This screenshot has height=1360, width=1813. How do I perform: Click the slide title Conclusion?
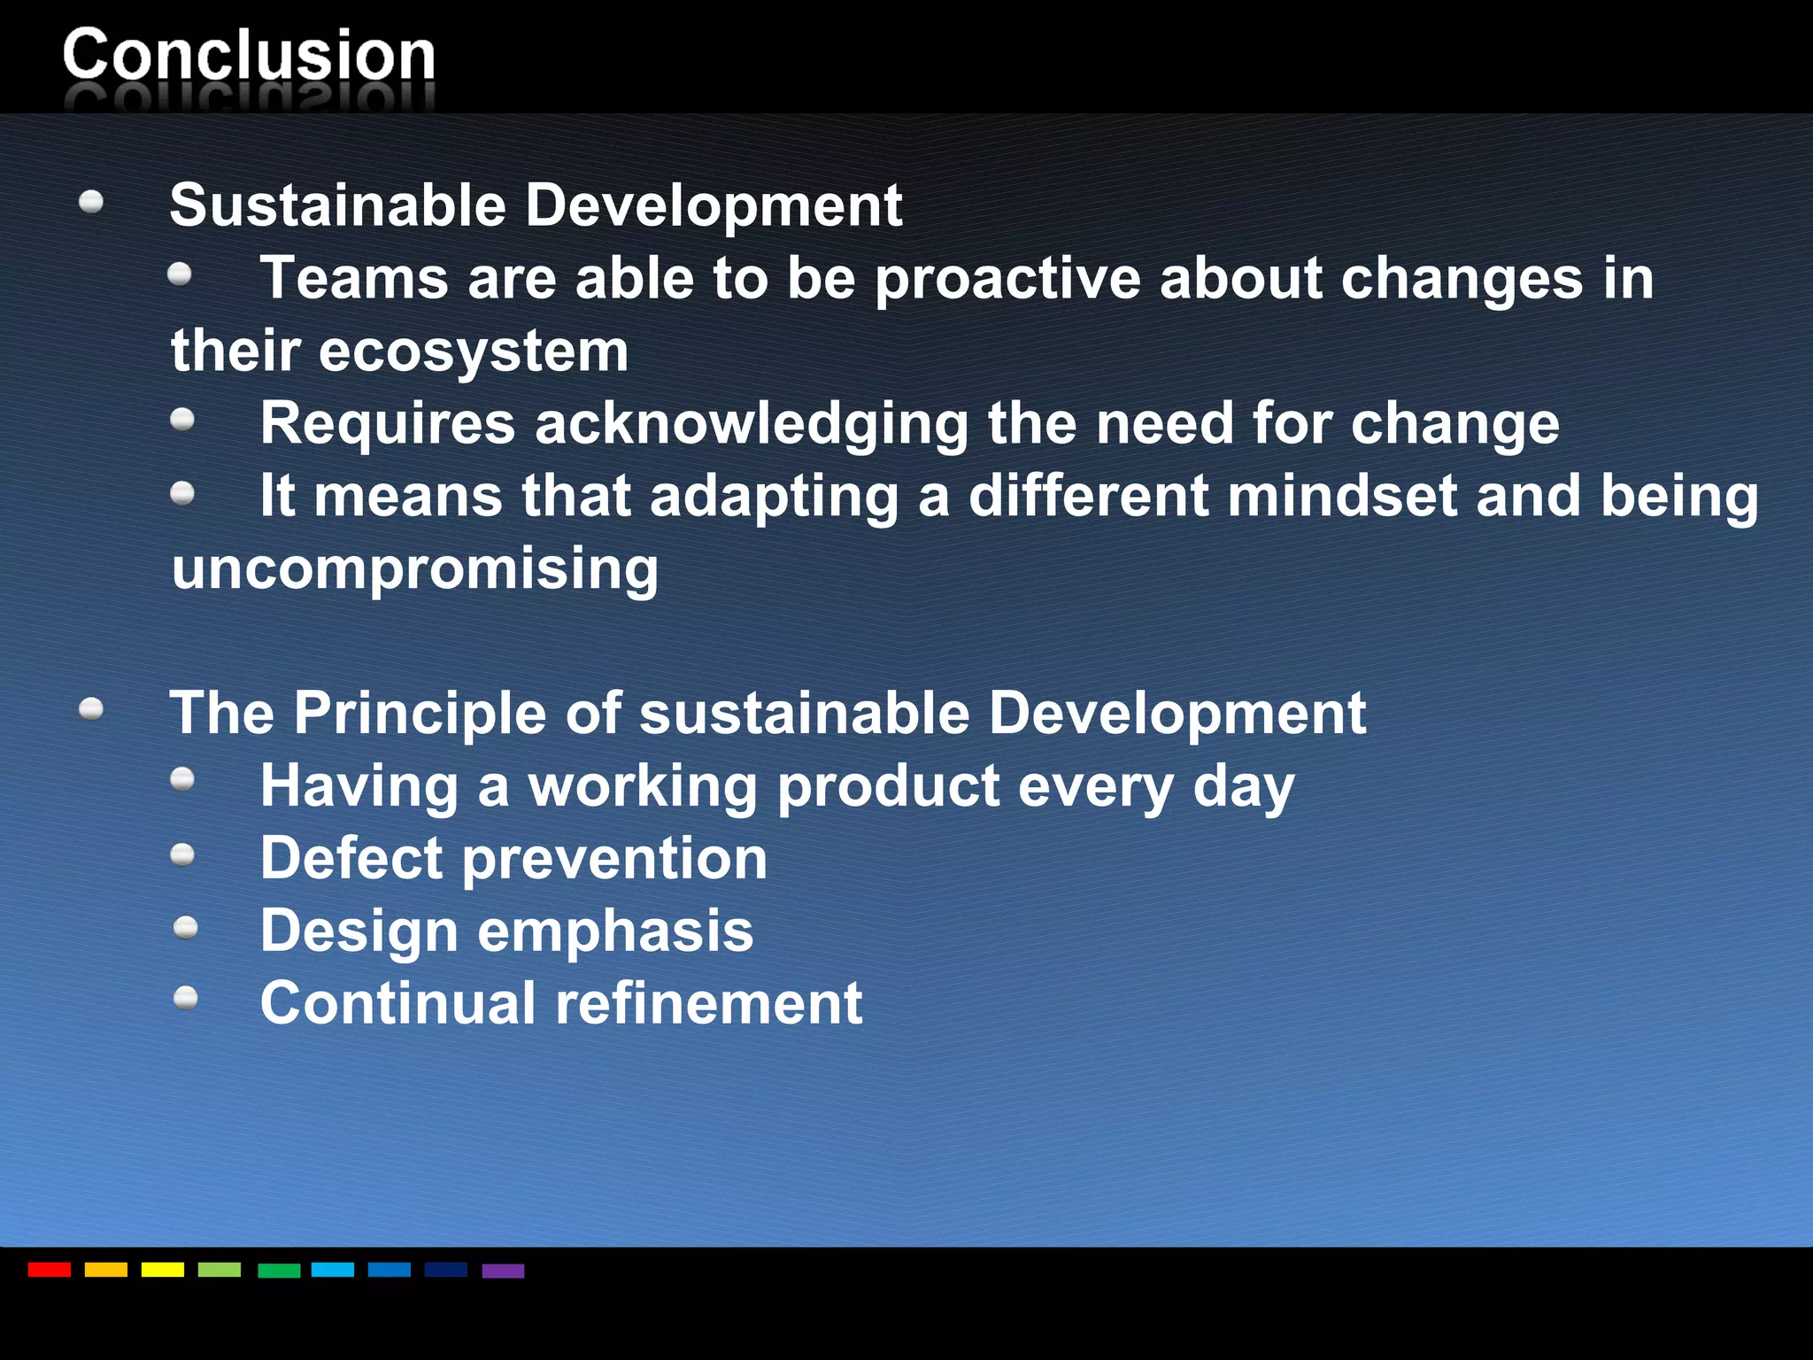click(x=249, y=55)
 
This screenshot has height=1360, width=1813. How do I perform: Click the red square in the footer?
click(x=49, y=1270)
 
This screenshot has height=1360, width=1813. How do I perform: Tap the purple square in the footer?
click(x=503, y=1271)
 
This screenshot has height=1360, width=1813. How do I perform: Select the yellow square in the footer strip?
click(x=162, y=1270)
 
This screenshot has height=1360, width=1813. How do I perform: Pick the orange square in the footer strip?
click(x=105, y=1270)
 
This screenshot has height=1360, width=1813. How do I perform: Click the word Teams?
click(x=354, y=278)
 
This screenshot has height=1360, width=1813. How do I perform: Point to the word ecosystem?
click(x=474, y=352)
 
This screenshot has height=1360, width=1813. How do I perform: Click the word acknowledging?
click(x=752, y=424)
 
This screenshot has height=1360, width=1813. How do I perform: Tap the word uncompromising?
click(x=415, y=568)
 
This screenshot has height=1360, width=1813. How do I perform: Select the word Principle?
click(x=420, y=713)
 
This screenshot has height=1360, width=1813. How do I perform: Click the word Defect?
click(x=351, y=858)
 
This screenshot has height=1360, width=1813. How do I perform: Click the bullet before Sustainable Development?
click(x=91, y=203)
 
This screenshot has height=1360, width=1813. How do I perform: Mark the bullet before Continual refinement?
click(x=186, y=999)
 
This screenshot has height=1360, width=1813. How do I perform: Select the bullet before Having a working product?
click(x=182, y=779)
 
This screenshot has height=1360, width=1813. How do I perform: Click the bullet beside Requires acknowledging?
click(x=182, y=419)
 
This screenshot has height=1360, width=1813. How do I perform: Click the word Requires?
click(x=388, y=424)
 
